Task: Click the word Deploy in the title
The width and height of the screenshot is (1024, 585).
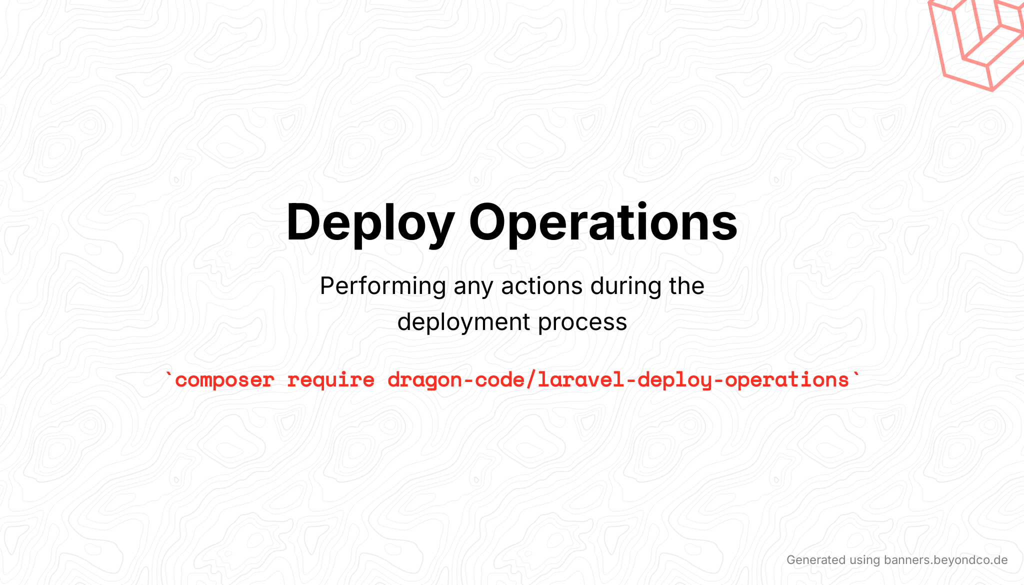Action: click(370, 222)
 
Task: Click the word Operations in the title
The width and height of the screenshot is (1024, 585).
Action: click(602, 222)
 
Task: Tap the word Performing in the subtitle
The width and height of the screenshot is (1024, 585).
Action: click(382, 286)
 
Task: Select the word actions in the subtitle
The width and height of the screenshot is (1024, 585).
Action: click(541, 286)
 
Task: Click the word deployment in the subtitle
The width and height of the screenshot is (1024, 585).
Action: click(463, 322)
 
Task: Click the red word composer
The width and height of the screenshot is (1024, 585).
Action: click(224, 380)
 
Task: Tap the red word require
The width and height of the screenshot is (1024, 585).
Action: click(330, 380)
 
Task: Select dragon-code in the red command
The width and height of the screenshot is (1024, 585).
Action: click(455, 380)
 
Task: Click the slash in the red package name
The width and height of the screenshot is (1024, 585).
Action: click(531, 380)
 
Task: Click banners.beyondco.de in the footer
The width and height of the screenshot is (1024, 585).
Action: click(945, 560)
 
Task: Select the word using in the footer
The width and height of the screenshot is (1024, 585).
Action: click(864, 560)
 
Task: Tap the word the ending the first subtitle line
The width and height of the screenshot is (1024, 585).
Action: click(687, 286)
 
